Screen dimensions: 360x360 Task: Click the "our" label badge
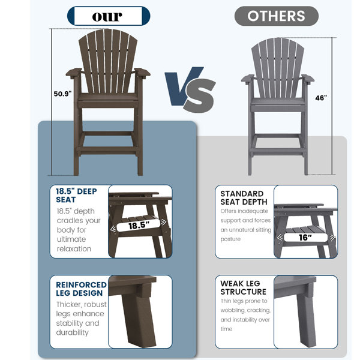[x=109, y=16]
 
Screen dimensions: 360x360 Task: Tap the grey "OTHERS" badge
[x=277, y=16]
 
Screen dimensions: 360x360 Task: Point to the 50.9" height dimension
[x=62, y=94]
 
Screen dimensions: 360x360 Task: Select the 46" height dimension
[x=321, y=98]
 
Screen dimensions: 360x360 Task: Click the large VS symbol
[x=190, y=89]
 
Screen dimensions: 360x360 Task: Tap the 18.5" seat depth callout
[x=139, y=225]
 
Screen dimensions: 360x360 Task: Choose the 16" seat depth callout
[x=305, y=238]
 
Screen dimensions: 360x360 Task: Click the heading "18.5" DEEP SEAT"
[x=76, y=196]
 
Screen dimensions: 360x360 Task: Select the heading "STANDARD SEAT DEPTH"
[x=244, y=197]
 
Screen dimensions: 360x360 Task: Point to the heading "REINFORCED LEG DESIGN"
[x=81, y=289]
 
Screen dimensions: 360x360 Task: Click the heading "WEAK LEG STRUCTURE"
[x=243, y=287]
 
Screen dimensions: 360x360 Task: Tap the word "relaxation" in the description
[x=74, y=248]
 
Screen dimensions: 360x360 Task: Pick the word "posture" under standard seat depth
[x=230, y=239]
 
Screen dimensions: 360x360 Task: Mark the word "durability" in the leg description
[x=73, y=332]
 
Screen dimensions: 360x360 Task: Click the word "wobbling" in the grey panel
[x=232, y=310]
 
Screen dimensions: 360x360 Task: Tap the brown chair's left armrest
[x=74, y=72]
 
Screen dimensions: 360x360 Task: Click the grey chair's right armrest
[x=308, y=79]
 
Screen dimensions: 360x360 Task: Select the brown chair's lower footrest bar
[x=108, y=149]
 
